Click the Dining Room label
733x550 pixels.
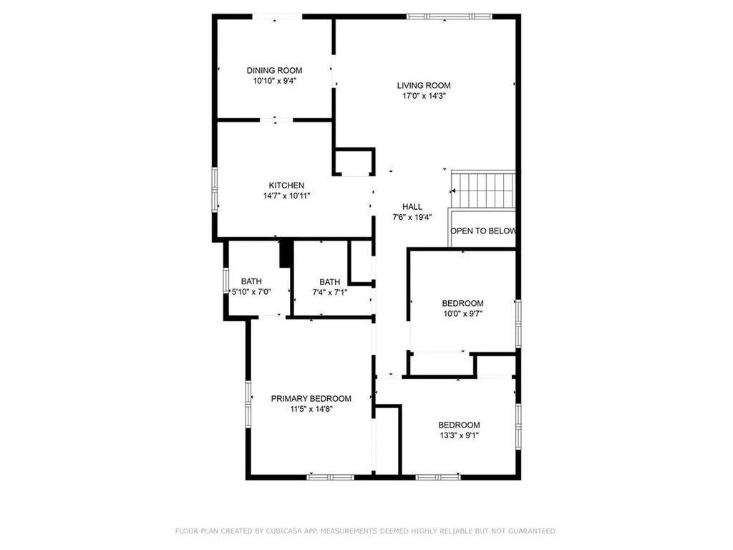point(274,70)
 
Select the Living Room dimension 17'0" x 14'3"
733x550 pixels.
point(424,95)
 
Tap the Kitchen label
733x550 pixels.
point(286,185)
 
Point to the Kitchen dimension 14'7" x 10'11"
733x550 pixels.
point(286,196)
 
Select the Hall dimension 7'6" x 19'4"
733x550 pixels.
point(412,217)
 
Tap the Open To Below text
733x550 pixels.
point(483,231)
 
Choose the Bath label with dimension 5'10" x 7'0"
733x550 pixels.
point(251,281)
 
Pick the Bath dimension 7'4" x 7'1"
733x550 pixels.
point(330,292)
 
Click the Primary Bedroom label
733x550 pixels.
point(311,399)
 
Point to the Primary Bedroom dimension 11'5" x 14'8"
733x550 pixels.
point(311,409)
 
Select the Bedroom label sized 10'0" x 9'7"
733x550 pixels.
point(462,303)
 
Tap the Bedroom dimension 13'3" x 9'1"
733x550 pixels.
point(459,435)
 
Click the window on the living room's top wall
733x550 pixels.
point(450,16)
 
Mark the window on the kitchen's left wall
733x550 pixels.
point(215,190)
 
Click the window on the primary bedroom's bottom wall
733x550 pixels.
point(330,476)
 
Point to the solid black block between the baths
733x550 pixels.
point(286,254)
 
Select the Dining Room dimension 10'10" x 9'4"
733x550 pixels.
point(274,81)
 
